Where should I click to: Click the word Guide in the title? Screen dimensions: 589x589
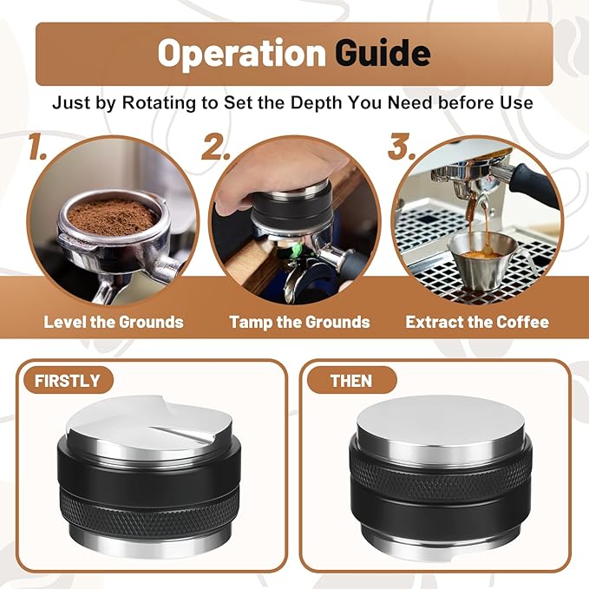click(383, 54)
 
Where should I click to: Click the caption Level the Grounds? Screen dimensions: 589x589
click(114, 322)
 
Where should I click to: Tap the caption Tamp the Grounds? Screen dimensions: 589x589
click(299, 322)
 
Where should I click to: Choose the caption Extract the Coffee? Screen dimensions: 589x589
click(477, 322)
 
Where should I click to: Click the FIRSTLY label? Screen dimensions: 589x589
click(67, 380)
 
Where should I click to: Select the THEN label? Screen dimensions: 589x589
click(350, 380)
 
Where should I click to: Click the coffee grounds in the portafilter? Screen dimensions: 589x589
click(113, 213)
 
